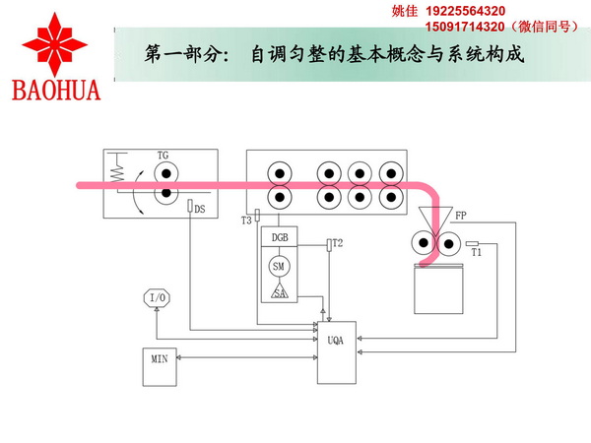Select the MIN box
pyautogui.click(x=160, y=359)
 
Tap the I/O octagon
pyautogui.click(x=158, y=298)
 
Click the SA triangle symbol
pyautogui.click(x=279, y=292)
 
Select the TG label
pyautogui.click(x=163, y=156)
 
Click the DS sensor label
pyautogui.click(x=200, y=210)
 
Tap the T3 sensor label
pyautogui.click(x=246, y=221)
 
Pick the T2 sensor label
pyautogui.click(x=338, y=242)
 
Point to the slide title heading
pyautogui.click(x=332, y=52)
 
